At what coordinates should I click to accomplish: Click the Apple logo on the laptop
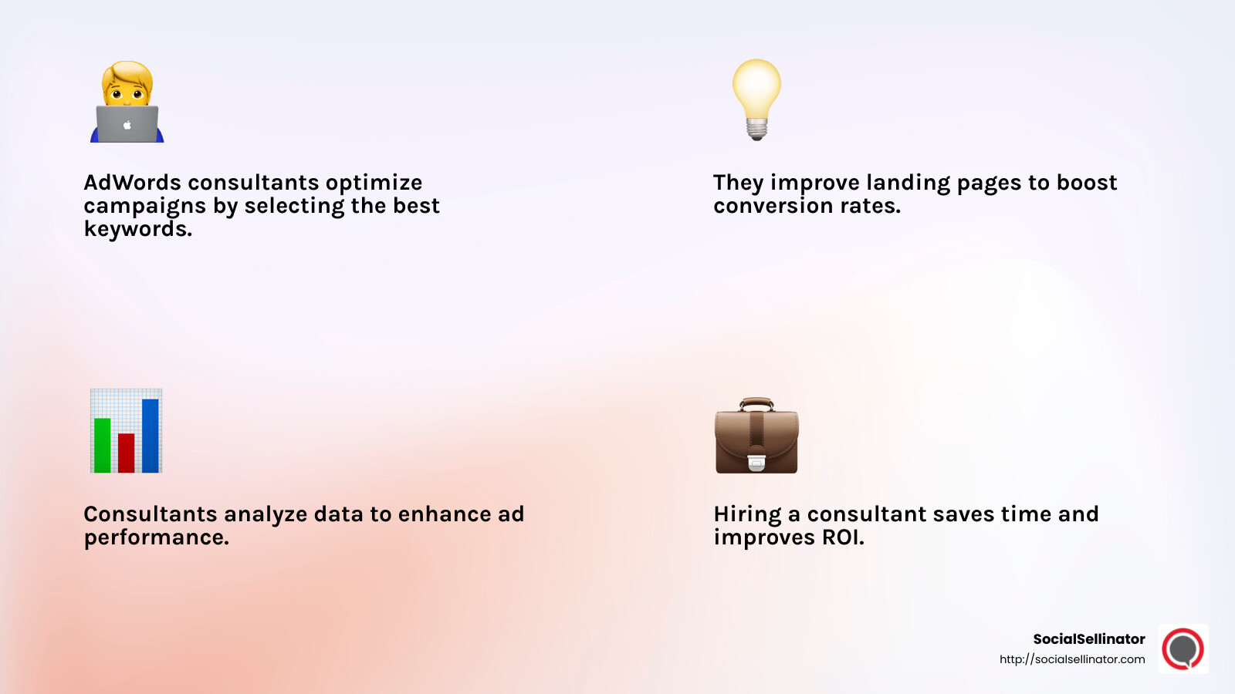[x=127, y=125]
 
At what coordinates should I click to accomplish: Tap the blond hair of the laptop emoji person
[x=127, y=73]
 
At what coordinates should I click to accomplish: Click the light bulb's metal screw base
[x=756, y=129]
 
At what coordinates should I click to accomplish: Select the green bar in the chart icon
[x=102, y=445]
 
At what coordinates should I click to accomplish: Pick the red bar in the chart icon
[x=126, y=453]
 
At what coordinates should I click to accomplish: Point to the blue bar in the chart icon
[x=151, y=435]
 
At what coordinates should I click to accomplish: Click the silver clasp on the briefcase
[x=756, y=461]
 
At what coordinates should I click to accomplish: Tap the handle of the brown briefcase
[x=756, y=403]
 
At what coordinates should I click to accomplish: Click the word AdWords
[x=132, y=183]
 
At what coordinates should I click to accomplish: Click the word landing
[x=908, y=183]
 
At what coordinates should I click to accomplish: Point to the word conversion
[x=773, y=206]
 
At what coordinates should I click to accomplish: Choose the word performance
[x=155, y=537]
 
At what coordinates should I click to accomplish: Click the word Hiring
[x=747, y=514]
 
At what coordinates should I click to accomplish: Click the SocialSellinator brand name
[x=1088, y=639]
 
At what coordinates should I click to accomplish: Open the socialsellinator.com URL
[x=1072, y=659]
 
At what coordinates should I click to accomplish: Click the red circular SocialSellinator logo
[x=1183, y=649]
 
